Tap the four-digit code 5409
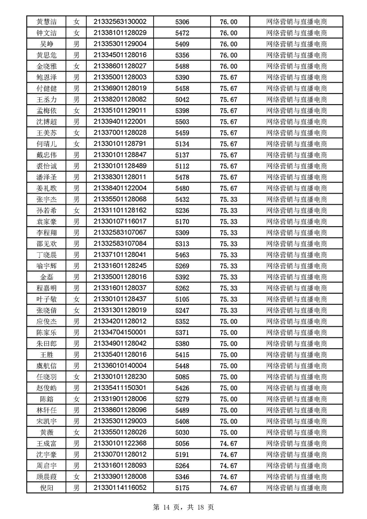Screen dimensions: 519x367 click(182, 44)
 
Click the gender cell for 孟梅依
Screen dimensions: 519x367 click(77, 111)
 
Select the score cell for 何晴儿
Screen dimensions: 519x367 click(228, 144)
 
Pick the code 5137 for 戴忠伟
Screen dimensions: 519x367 click(182, 155)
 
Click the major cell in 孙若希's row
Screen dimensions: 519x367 click(296, 210)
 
